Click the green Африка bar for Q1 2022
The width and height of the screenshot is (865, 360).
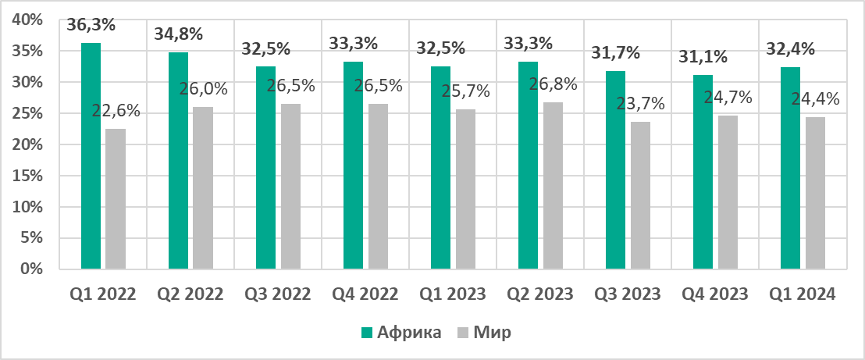(x=91, y=156)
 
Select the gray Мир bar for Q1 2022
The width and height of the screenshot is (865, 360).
(x=116, y=199)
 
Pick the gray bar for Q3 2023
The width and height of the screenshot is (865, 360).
(x=640, y=195)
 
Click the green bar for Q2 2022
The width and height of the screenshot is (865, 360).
(x=179, y=161)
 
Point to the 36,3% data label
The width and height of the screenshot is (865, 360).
(x=91, y=24)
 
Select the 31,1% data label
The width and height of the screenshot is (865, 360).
(x=703, y=57)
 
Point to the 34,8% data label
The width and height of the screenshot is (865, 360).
(x=179, y=34)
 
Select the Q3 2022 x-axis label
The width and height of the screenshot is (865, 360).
(x=278, y=294)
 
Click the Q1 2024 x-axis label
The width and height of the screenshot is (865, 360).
(x=803, y=294)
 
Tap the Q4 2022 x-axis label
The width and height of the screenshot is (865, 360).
(x=365, y=294)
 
